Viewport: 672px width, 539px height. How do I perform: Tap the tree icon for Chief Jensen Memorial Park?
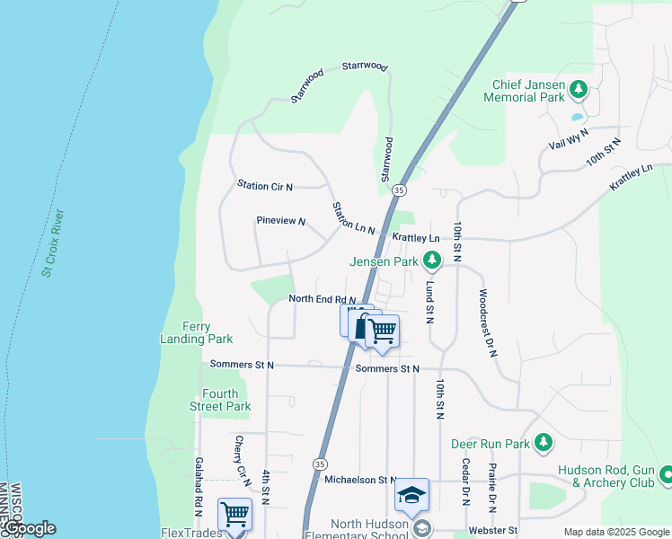[x=579, y=89]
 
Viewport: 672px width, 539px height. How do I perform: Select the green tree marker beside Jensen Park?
[x=433, y=261]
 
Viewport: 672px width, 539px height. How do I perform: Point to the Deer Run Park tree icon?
[x=543, y=443]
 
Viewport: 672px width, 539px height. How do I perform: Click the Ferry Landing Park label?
[x=196, y=332]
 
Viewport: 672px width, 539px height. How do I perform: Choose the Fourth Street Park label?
[x=225, y=400]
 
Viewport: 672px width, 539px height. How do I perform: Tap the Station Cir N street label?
[x=265, y=186]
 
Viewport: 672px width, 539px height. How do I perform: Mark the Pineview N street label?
[x=281, y=221]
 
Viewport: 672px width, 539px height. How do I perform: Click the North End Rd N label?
[x=322, y=299]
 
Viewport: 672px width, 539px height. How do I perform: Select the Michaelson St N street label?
[x=360, y=481]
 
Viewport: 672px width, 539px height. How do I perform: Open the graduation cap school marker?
[x=411, y=495]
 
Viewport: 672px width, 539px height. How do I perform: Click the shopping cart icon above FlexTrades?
[x=234, y=515]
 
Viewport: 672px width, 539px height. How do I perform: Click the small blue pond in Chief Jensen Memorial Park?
[x=577, y=116]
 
